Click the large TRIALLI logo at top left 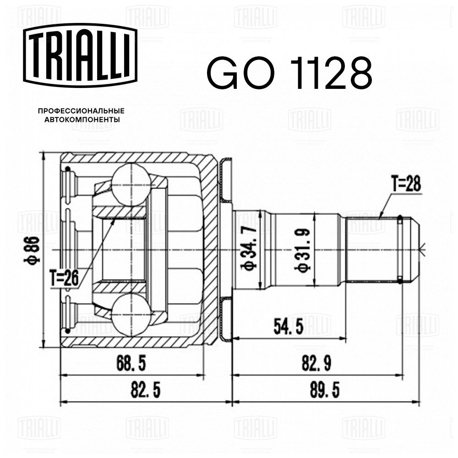80,55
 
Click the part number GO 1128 289,73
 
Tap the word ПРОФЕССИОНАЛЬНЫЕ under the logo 81,111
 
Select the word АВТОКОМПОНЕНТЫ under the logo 82,120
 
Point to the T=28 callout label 406,184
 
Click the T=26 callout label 64,278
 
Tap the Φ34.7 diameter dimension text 249,248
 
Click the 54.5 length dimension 289,327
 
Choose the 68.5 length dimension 131,364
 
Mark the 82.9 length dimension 316,364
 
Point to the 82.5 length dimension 146,390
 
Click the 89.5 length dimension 325,390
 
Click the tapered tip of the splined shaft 411,250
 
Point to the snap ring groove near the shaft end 400,250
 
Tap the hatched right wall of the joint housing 210,250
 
